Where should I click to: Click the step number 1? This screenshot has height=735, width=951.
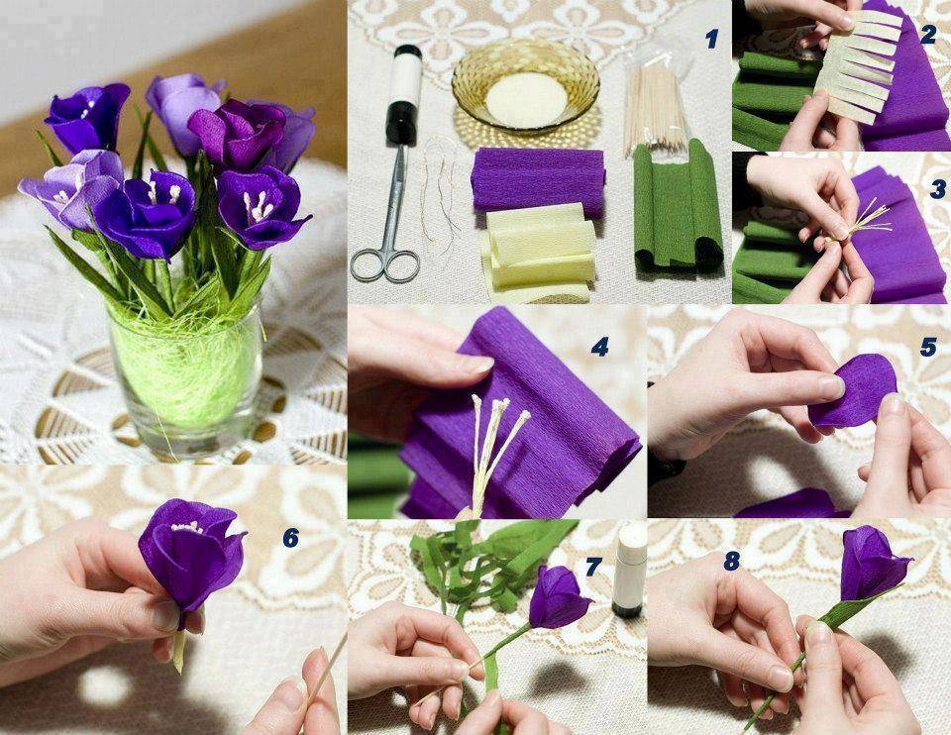pos(712,40)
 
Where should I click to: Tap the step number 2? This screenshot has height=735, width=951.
pos(928,36)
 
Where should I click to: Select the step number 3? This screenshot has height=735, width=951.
pos(938,189)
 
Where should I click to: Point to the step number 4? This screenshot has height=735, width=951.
pos(600,347)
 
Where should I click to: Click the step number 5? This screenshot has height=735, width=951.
pos(928,347)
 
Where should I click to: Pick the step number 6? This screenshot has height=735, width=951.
pos(291,537)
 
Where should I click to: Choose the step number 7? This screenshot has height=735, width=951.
pos(593,567)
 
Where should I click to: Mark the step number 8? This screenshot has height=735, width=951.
pos(732,562)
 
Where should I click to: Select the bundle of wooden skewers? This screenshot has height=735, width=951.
pos(656,103)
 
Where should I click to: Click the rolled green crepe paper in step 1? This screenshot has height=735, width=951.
pos(678,206)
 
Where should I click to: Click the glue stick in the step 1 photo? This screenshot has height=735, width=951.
pos(404,94)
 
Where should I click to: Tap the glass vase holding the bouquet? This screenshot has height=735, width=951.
pos(185,373)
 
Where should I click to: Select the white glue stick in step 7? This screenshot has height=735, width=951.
pos(629,570)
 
